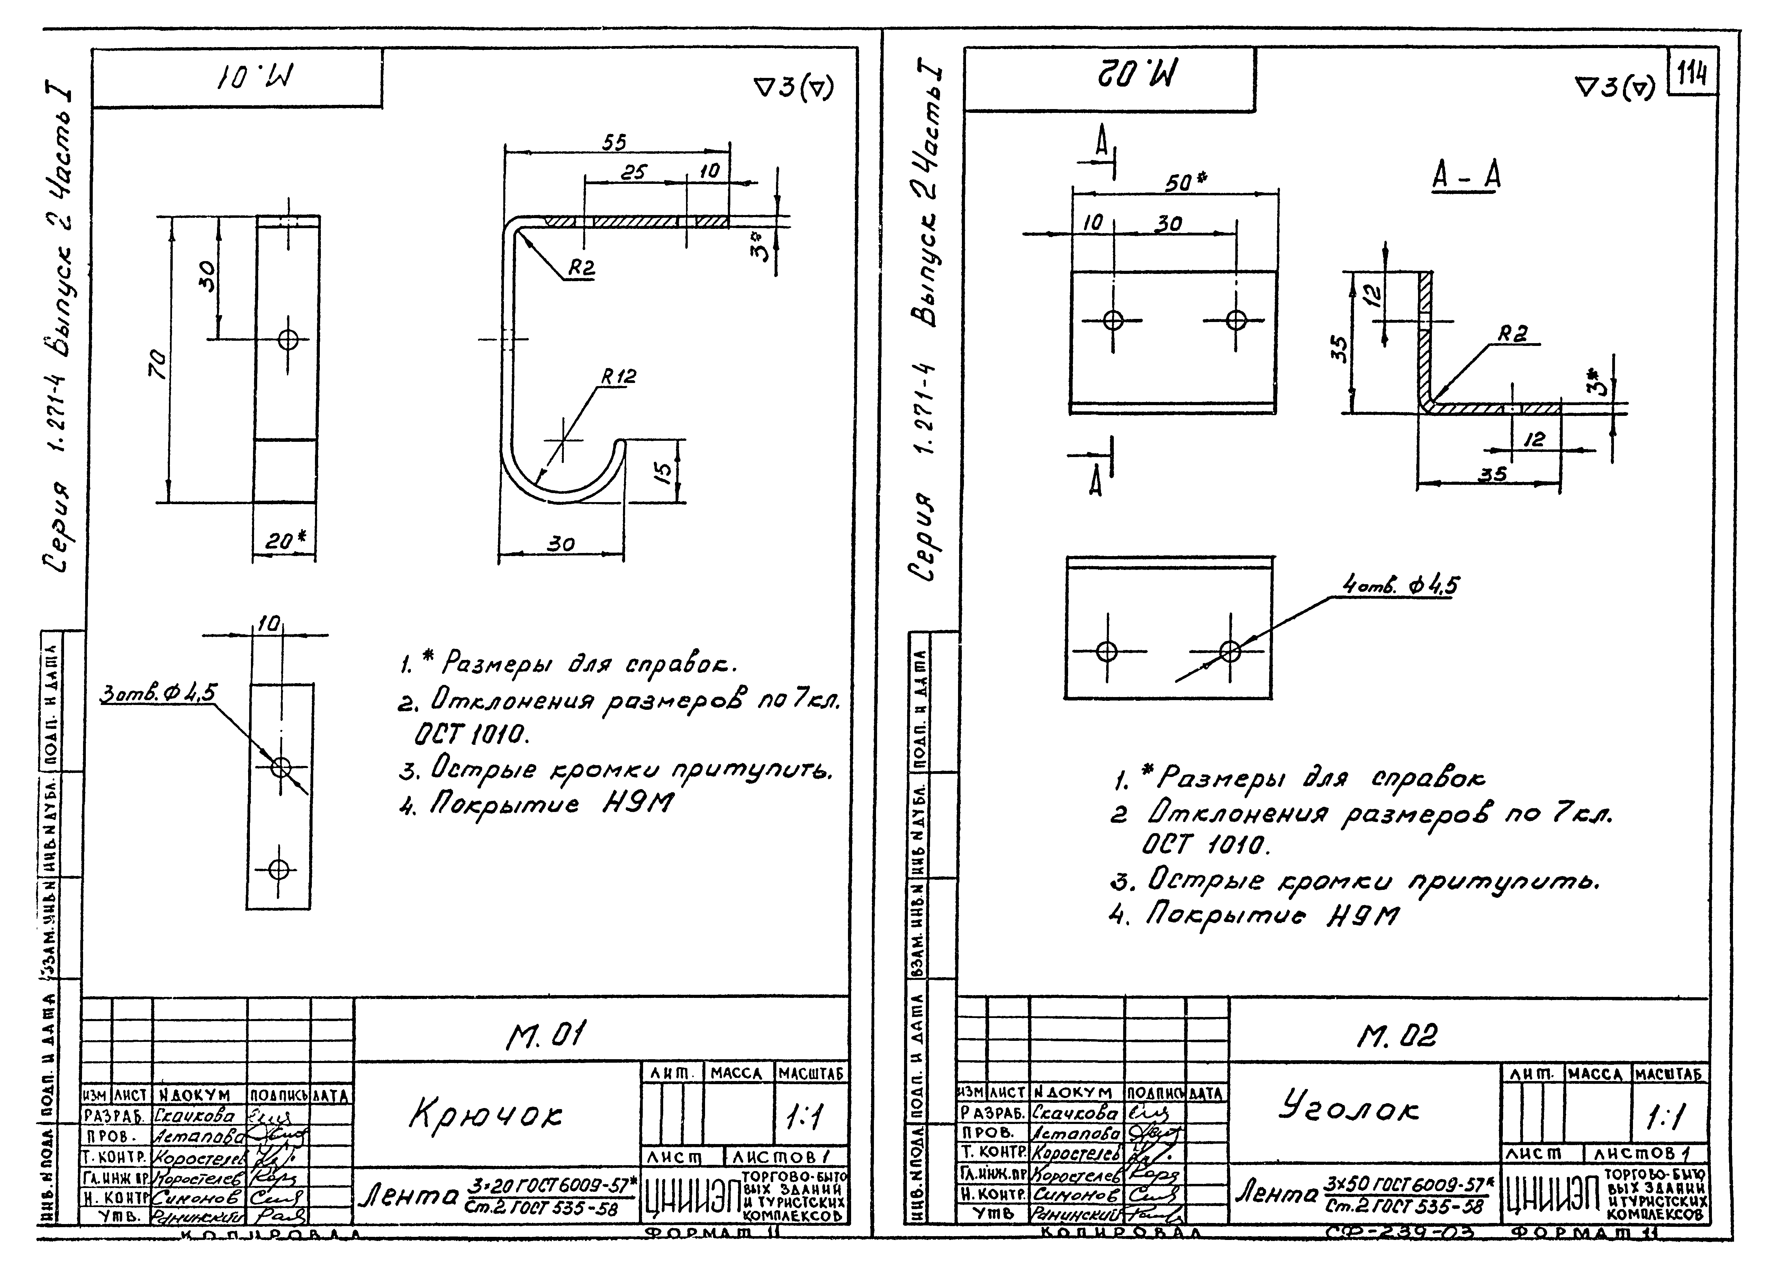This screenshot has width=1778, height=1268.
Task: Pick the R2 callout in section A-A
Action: (1512, 334)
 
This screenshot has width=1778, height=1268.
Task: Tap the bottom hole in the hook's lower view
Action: (279, 869)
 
